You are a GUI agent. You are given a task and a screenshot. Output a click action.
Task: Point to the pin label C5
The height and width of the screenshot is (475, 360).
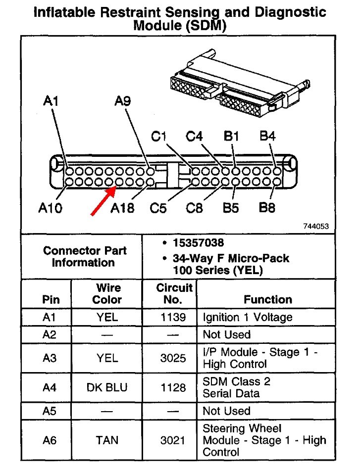click(x=158, y=208)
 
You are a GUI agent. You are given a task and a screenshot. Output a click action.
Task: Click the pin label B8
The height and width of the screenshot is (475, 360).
click(x=267, y=208)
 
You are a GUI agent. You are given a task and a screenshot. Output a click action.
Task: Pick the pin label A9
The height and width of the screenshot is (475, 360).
click(x=123, y=101)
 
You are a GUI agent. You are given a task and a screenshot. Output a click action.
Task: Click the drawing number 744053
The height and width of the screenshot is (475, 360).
click(x=316, y=227)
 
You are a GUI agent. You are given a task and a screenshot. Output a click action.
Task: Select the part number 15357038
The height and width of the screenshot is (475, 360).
click(x=198, y=243)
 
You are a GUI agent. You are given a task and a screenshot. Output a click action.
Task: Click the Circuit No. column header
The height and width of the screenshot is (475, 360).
click(x=174, y=293)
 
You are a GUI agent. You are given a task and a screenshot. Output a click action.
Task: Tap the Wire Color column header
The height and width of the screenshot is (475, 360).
click(x=107, y=293)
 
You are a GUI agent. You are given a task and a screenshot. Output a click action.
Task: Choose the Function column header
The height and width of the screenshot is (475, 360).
click(x=268, y=299)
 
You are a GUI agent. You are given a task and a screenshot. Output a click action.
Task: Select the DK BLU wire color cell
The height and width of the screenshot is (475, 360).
click(x=107, y=387)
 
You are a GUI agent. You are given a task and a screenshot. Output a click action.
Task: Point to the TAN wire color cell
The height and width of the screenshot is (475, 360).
click(x=107, y=440)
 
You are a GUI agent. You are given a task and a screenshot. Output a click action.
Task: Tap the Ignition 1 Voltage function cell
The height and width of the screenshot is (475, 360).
click(x=248, y=317)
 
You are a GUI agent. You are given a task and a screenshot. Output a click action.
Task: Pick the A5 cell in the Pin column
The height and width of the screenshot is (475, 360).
click(x=50, y=411)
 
